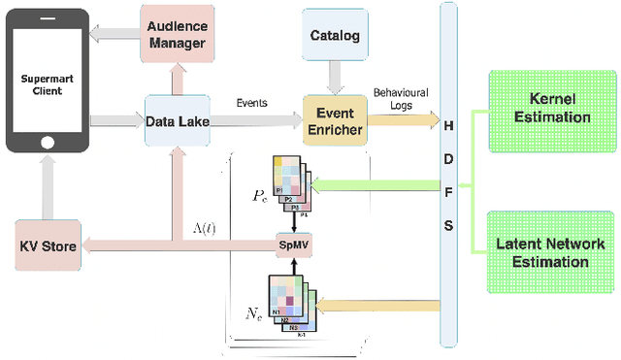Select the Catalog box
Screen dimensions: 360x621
coord(334,37)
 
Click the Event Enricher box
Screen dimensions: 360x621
coord(334,119)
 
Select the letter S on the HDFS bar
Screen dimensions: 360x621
coord(446,226)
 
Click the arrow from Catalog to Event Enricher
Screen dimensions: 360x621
coord(334,77)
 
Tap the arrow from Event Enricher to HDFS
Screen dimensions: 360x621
coord(403,120)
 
